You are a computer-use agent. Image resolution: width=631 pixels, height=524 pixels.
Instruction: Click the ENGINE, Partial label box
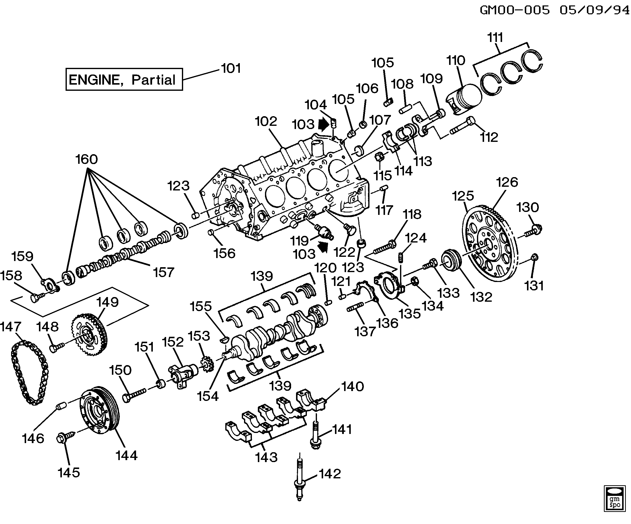124,79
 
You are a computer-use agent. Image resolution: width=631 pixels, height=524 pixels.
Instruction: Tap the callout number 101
231,68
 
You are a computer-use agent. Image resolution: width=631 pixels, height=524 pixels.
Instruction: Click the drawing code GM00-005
515,10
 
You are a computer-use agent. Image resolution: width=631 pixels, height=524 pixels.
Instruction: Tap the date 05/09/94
594,10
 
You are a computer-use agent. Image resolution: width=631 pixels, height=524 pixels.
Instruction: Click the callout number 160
87,159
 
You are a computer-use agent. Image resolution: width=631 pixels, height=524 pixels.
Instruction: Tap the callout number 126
507,182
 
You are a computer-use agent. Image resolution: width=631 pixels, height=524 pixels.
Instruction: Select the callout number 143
266,457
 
